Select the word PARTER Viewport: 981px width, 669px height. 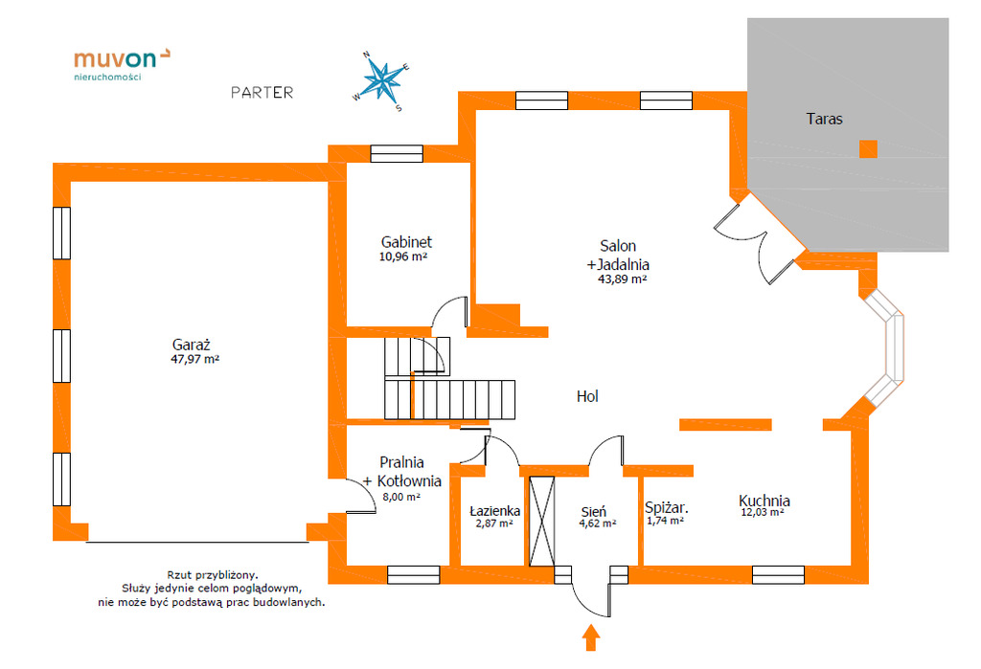click(262, 93)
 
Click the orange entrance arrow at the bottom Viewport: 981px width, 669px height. click(591, 636)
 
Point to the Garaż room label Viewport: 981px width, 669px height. click(191, 345)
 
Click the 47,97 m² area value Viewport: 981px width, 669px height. click(195, 360)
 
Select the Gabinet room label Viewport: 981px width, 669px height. click(406, 242)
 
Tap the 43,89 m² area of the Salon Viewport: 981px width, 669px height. click(622, 279)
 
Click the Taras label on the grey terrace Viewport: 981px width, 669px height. click(824, 120)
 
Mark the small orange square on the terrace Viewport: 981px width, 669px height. click(867, 148)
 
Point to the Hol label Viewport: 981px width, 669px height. click(587, 396)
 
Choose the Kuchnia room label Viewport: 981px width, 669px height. click(764, 500)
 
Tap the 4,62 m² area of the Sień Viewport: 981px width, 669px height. click(597, 524)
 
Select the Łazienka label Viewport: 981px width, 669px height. click(494, 511)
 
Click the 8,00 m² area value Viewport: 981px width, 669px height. click(400, 497)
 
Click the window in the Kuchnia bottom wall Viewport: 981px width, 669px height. click(777, 574)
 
